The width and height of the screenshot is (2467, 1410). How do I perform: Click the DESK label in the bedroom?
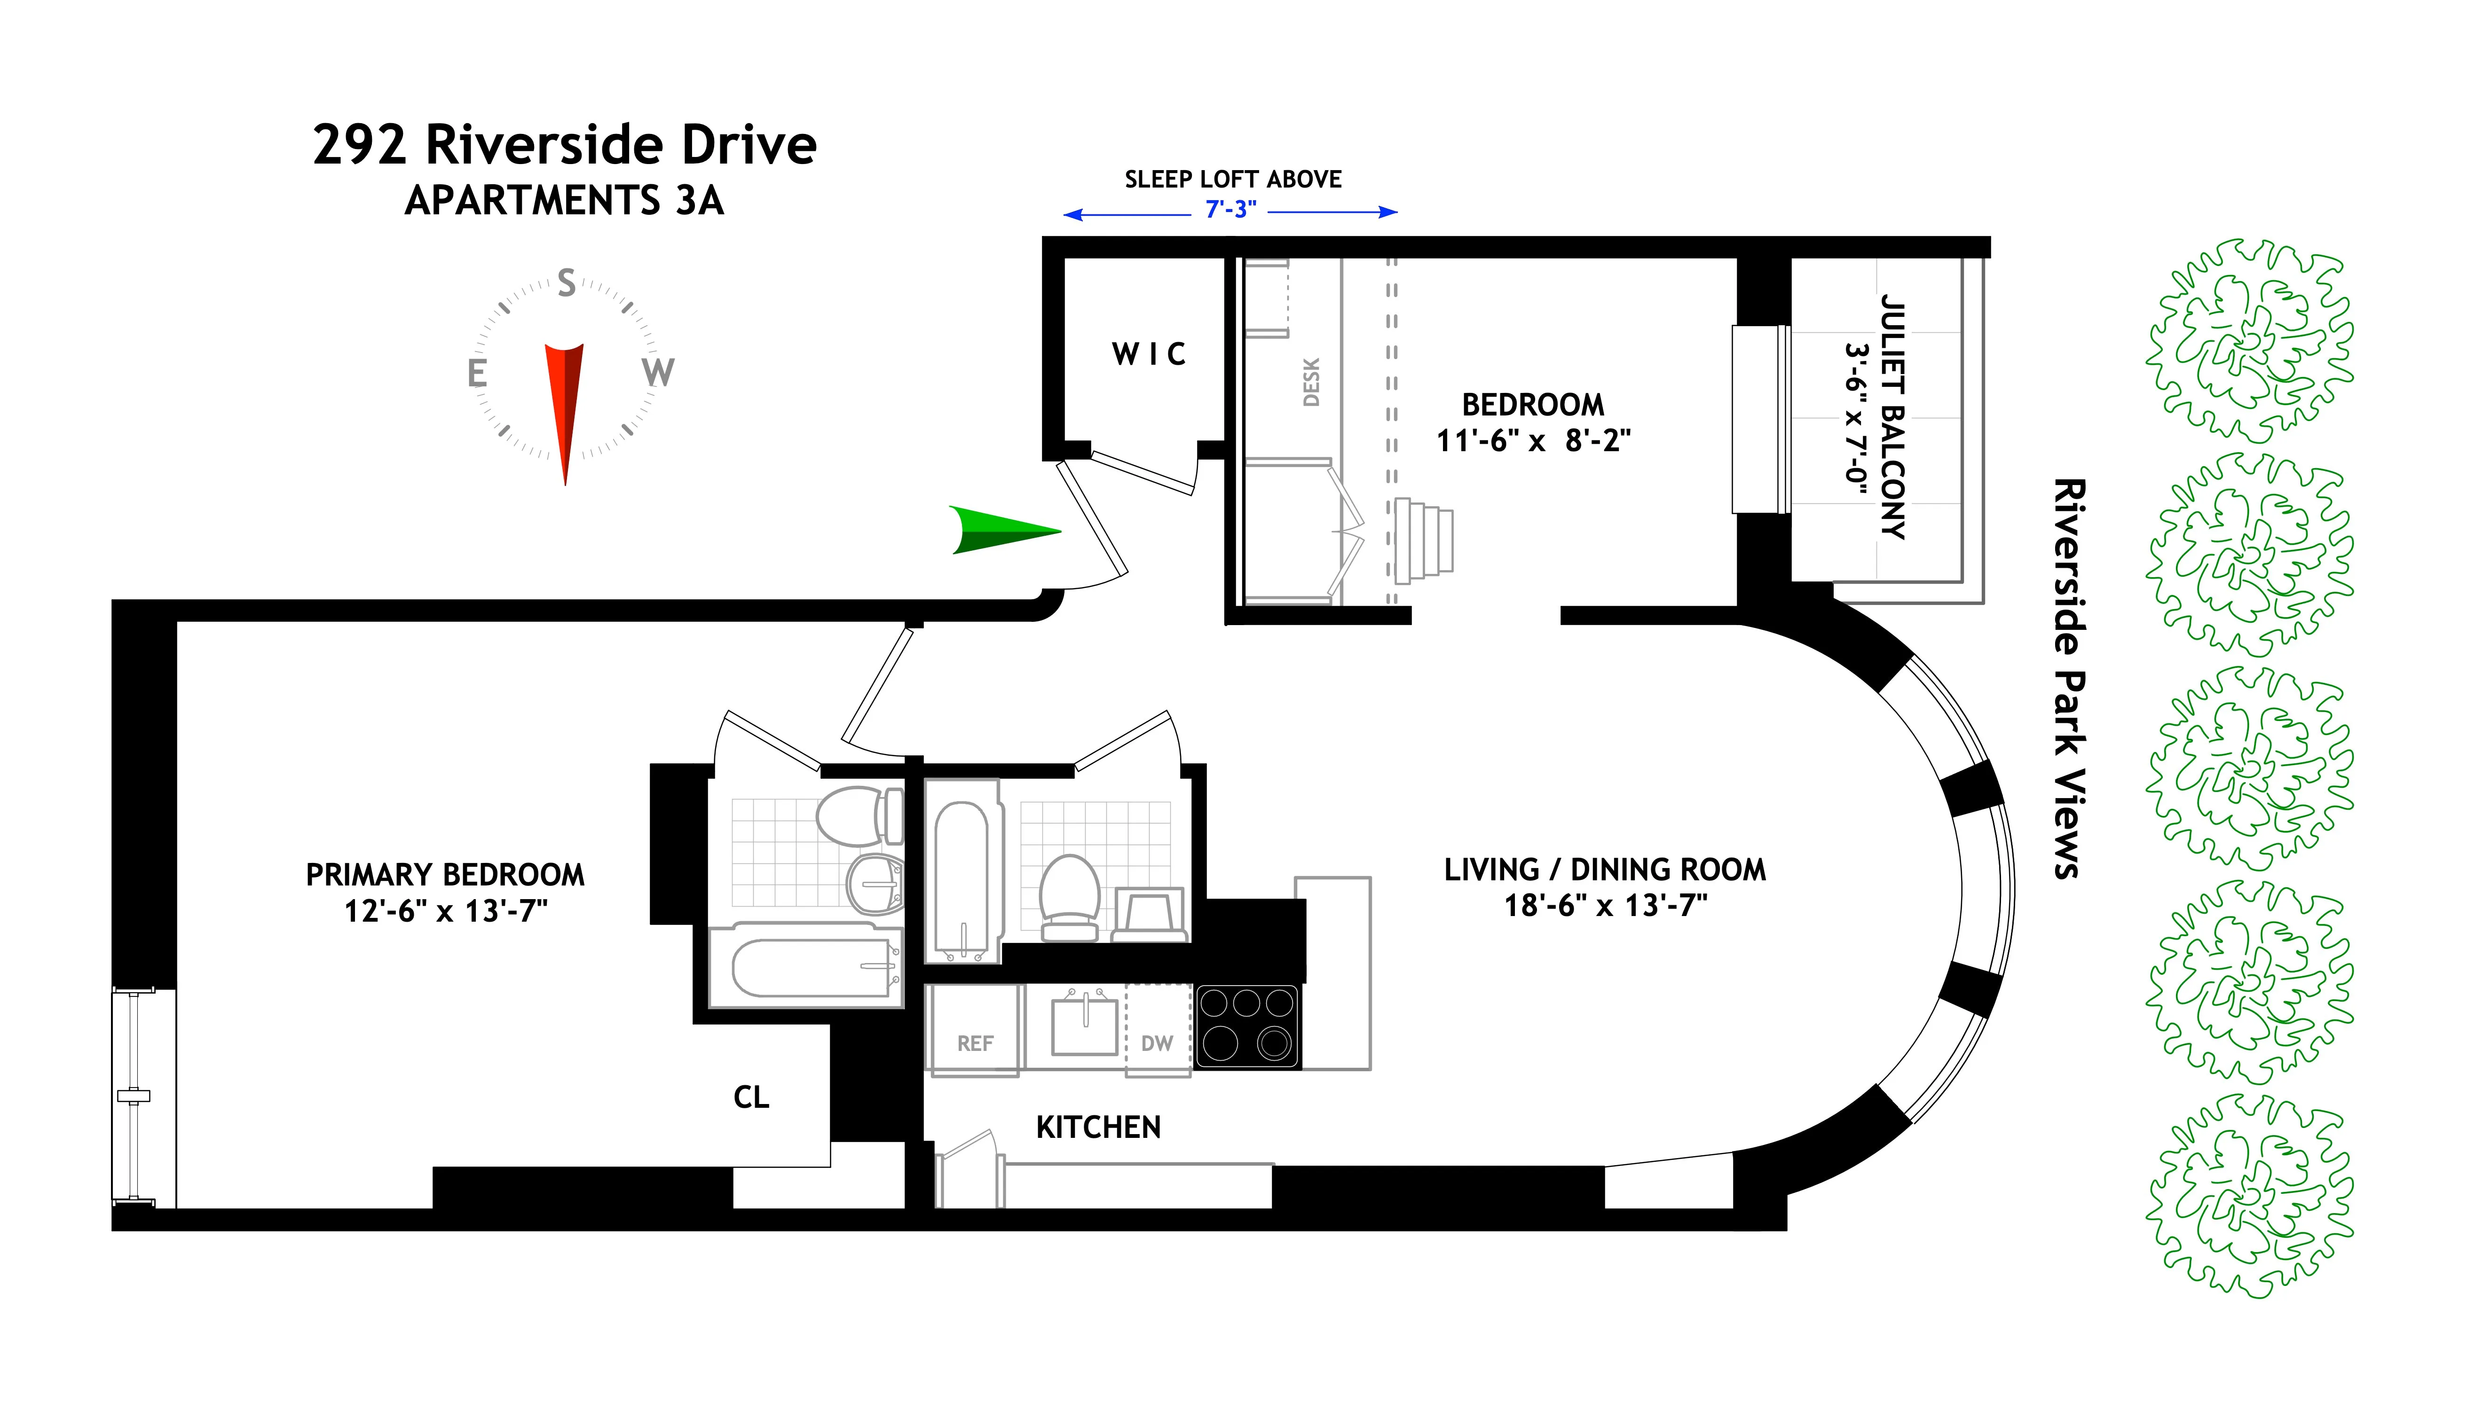[x=1310, y=383]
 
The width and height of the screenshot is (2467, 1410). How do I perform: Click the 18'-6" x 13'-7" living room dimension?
[x=1605, y=906]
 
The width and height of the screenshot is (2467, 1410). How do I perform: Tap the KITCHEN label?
[x=1098, y=1127]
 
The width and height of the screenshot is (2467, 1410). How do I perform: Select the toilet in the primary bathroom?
[x=857, y=815]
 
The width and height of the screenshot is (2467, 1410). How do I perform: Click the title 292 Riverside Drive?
[x=565, y=145]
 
